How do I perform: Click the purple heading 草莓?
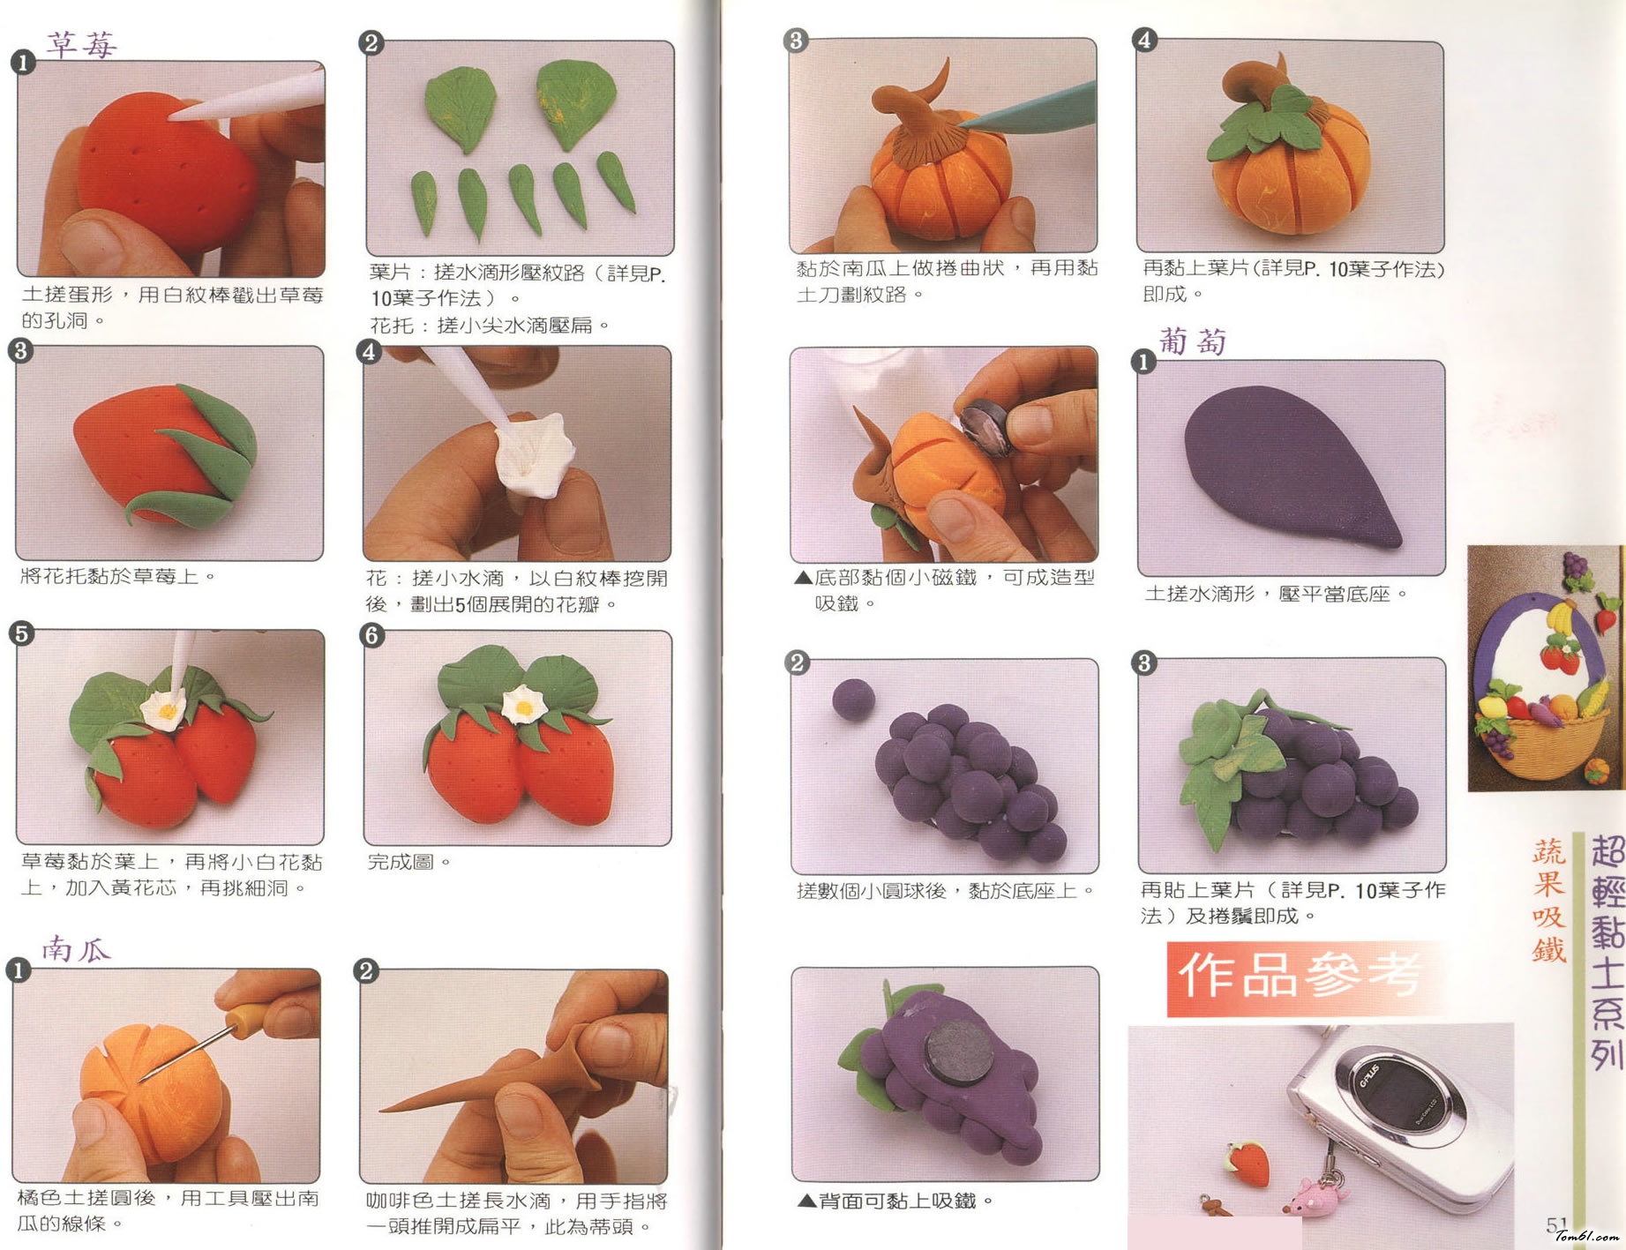coord(82,44)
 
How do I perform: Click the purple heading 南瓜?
coord(77,949)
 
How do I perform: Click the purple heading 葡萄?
coord(1193,341)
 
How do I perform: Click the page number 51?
coord(1556,1224)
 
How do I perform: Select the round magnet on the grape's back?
coord(961,1052)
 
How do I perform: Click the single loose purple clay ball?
coord(853,700)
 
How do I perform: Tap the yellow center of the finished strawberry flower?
coord(524,707)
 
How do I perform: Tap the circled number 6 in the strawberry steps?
coord(372,635)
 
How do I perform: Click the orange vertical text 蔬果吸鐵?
coord(1548,899)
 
